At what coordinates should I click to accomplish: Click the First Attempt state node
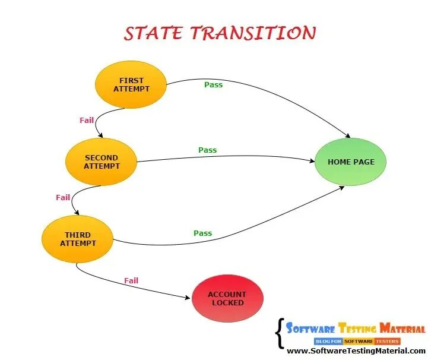(131, 84)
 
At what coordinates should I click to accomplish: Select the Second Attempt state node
(101, 162)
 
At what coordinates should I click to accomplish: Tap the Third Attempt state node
(77, 239)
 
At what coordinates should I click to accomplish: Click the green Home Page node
(351, 162)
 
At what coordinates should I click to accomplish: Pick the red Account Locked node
(227, 298)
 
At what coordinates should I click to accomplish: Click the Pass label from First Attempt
(213, 84)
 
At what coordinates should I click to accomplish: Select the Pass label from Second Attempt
(207, 150)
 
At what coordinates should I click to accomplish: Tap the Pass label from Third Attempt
(202, 233)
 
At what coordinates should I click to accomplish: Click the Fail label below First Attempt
(87, 120)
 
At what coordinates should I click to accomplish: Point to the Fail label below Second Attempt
(63, 197)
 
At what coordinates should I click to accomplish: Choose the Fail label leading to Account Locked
(131, 280)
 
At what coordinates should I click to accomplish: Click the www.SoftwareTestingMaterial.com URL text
(356, 351)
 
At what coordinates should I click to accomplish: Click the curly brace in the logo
(279, 333)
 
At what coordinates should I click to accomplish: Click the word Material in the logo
(403, 329)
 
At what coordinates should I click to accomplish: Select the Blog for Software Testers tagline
(357, 341)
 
